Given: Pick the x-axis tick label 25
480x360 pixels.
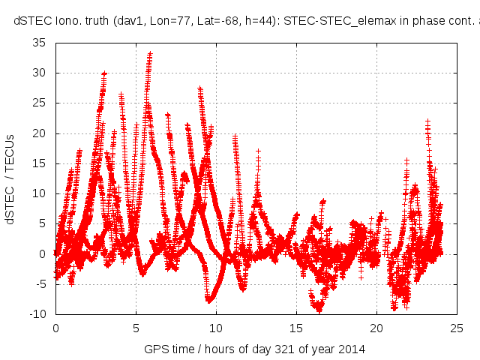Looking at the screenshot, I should tap(457, 328).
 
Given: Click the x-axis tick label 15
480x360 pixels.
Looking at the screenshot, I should tap(296, 328).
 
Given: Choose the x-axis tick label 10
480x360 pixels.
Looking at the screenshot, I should tap(216, 328).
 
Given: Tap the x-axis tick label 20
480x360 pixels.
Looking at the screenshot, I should tap(376, 328).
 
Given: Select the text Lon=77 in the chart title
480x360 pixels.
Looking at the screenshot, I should tap(162, 21).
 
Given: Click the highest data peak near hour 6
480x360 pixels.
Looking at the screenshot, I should tap(151, 53).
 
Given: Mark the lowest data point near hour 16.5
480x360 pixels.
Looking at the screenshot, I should tap(319, 310).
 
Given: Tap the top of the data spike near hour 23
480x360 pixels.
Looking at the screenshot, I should tap(427, 120).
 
